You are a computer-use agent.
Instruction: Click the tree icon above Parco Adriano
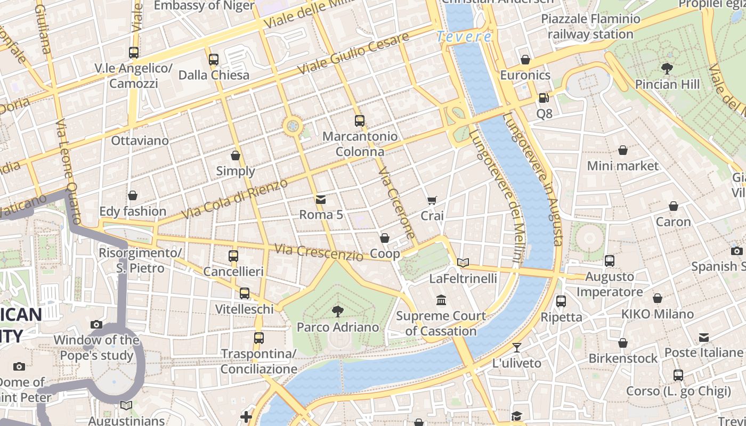click(337, 311)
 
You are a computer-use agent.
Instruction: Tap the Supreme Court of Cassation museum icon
click(441, 300)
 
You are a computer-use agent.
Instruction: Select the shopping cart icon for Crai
click(432, 200)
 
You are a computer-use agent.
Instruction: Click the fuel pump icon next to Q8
click(544, 98)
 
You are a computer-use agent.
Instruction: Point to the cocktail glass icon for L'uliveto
click(516, 348)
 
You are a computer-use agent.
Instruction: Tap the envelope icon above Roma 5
click(321, 200)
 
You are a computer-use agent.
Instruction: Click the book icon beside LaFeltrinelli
click(463, 263)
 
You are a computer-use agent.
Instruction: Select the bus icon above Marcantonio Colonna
click(360, 121)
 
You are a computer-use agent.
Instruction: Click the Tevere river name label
click(464, 37)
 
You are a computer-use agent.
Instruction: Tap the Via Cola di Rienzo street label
click(234, 199)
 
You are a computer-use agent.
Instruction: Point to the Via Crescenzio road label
click(319, 252)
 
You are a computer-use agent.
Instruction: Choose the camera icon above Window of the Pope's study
click(96, 324)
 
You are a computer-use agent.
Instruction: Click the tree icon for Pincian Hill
click(667, 68)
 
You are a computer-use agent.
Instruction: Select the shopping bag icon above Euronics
click(525, 59)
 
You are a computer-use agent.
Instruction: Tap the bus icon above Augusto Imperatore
click(610, 261)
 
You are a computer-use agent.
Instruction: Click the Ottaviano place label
click(140, 141)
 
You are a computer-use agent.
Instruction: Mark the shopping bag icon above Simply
click(236, 155)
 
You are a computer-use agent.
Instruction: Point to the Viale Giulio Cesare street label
click(353, 53)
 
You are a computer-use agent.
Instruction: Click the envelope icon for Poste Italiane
click(704, 337)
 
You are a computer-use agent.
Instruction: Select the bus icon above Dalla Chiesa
click(214, 59)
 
